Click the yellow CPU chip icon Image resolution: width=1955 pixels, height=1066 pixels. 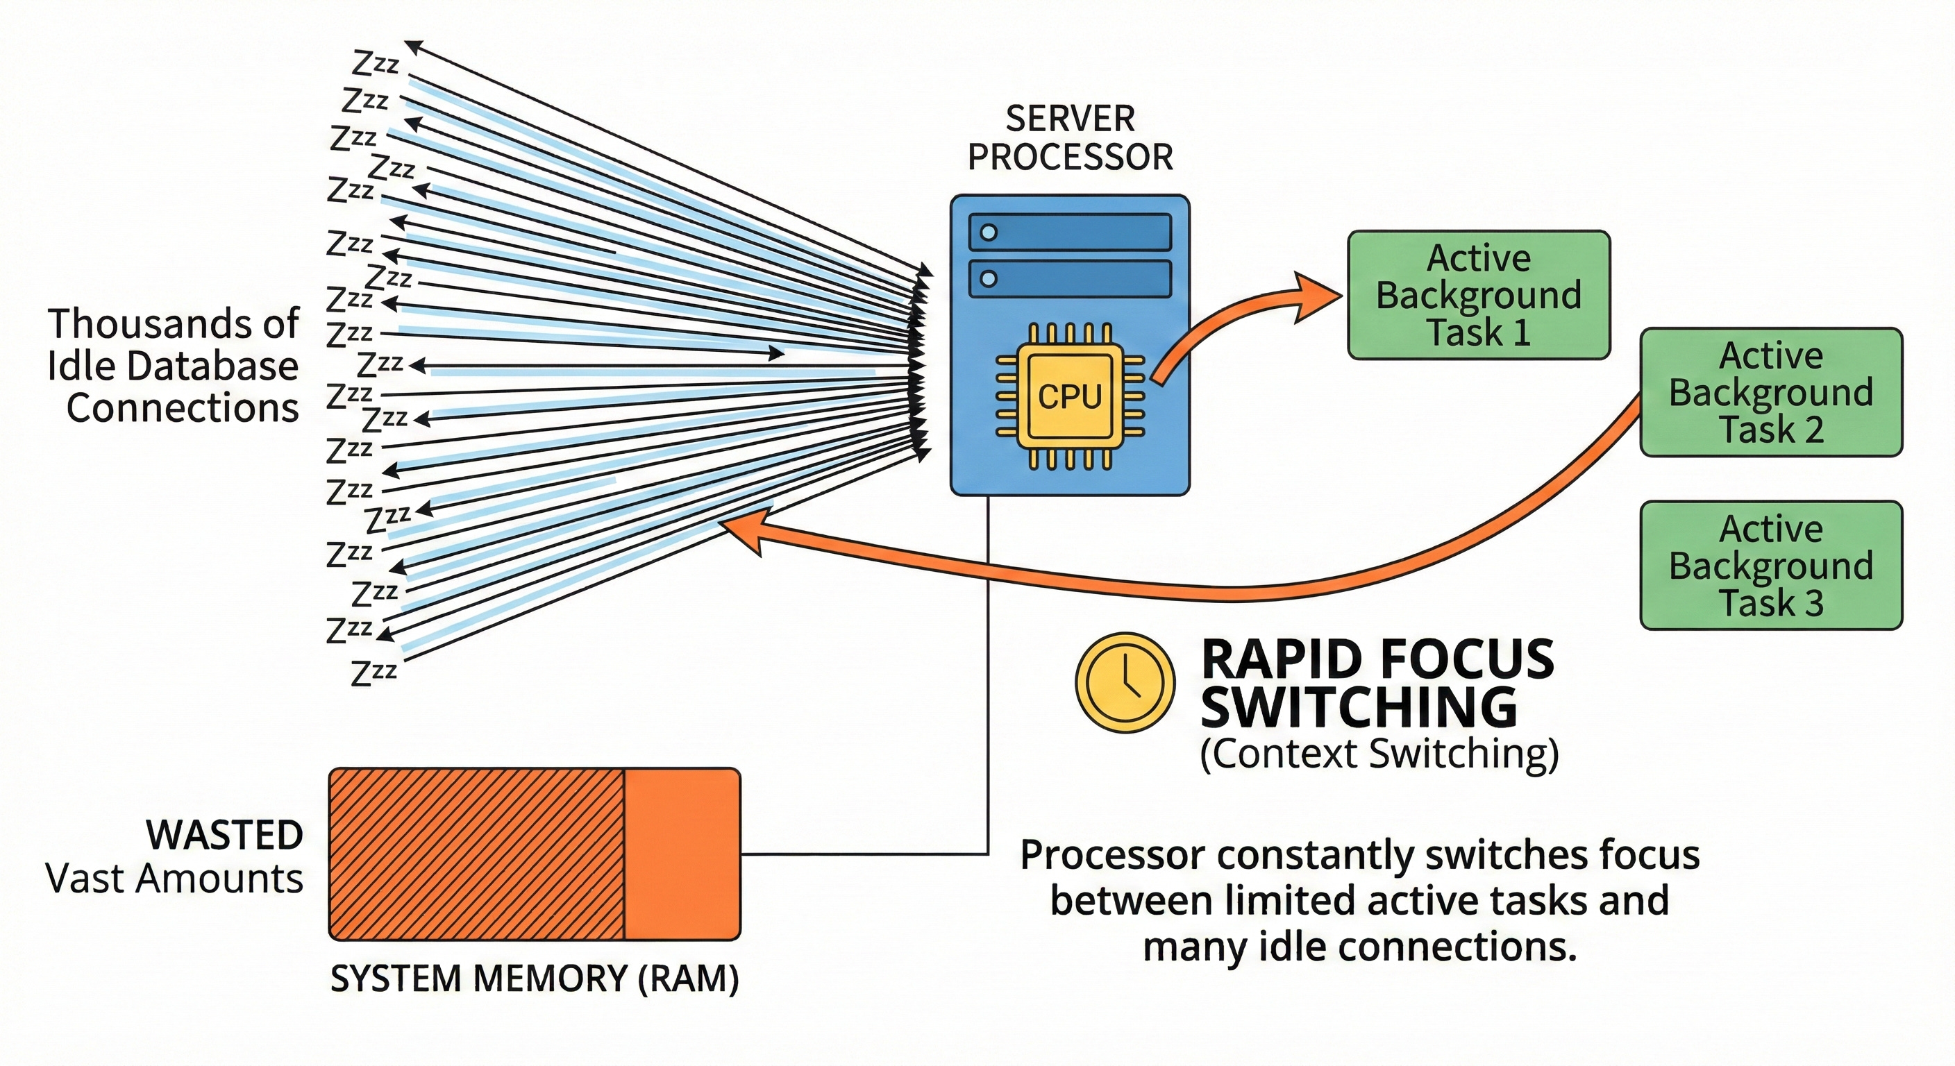coord(1069,396)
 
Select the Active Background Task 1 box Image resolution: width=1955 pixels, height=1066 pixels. coord(1478,295)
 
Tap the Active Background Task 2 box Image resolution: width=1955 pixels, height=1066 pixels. coord(1770,392)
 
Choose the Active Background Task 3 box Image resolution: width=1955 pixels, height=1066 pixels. coord(1770,565)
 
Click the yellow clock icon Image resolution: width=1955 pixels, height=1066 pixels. coord(1125,682)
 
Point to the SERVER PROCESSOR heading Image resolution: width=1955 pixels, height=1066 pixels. coord(1070,138)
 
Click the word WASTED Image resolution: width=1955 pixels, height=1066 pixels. coord(225,836)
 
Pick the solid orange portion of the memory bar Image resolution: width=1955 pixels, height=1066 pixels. coord(682,854)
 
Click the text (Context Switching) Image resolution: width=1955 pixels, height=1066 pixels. coord(1379,754)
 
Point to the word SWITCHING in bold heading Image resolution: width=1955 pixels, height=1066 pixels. coord(1359,708)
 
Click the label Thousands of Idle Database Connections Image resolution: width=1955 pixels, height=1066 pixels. coord(173,366)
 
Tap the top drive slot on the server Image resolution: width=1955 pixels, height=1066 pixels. coord(1070,232)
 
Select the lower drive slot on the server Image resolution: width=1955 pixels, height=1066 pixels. coord(1070,279)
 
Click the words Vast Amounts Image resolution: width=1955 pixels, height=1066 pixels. coord(174,879)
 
